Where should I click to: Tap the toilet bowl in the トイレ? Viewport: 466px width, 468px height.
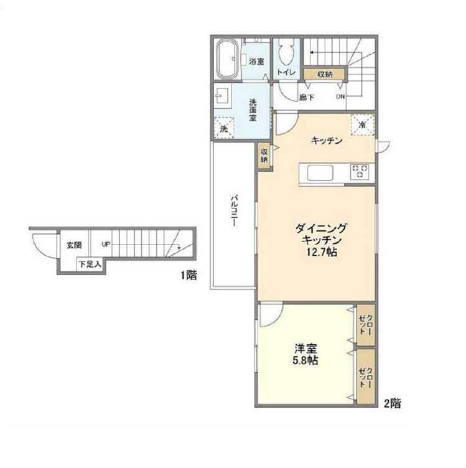tap(286, 52)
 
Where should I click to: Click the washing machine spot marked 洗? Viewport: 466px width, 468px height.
tap(224, 128)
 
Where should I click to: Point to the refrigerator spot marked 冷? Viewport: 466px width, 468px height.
tap(363, 124)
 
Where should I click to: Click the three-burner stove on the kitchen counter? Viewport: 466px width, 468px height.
tap(360, 172)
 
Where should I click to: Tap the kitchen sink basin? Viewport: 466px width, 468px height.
tap(320, 172)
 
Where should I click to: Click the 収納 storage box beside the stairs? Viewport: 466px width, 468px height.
tap(325, 73)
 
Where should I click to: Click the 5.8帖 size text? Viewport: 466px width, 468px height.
tap(305, 360)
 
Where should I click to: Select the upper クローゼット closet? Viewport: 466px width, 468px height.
tap(366, 325)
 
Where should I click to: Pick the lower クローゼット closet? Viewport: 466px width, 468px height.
tap(366, 377)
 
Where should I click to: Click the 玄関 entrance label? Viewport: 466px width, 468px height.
tap(74, 245)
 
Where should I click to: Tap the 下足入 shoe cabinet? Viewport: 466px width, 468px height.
tap(90, 264)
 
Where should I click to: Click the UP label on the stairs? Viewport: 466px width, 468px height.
tap(106, 245)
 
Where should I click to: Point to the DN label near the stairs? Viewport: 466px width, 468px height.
tap(340, 96)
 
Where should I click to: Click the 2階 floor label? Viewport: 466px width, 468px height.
tap(393, 403)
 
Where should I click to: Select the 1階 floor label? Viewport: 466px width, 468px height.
tap(189, 275)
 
